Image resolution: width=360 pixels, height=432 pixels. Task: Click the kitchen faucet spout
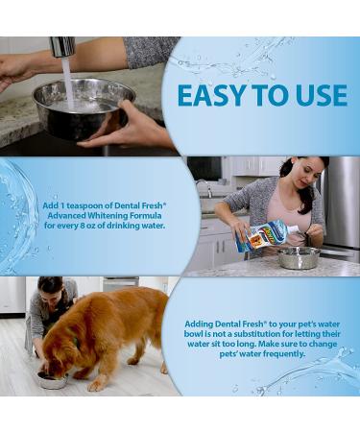pos(63,47)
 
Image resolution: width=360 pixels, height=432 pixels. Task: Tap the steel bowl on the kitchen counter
pos(299,256)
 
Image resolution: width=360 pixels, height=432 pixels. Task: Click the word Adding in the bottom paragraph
pos(200,324)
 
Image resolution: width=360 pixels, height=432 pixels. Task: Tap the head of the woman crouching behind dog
pos(45,289)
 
